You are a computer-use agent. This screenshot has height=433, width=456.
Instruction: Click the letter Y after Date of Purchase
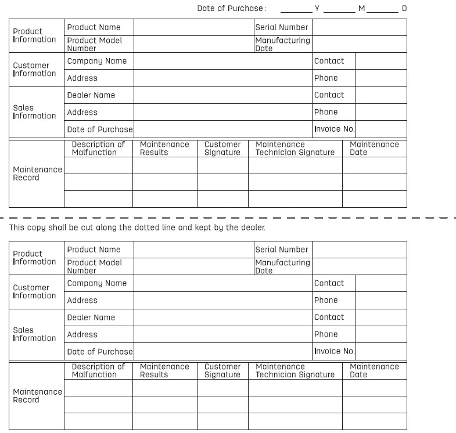pyautogui.click(x=317, y=8)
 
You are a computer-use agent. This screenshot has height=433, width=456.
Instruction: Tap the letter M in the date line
pyautogui.click(x=361, y=8)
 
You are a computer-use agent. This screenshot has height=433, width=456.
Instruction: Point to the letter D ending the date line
pyautogui.click(x=404, y=8)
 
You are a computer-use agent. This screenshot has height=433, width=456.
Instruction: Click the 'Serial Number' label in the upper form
pyautogui.click(x=282, y=27)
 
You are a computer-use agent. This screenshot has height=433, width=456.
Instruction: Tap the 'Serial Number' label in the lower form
pyautogui.click(x=282, y=250)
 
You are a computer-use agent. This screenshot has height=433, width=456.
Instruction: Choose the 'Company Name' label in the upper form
pyautogui.click(x=96, y=61)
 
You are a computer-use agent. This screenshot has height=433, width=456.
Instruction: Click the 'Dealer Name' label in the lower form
pyautogui.click(x=91, y=317)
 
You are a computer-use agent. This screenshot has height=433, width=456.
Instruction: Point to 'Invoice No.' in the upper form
pyautogui.click(x=334, y=129)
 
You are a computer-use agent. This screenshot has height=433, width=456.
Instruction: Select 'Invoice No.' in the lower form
pyautogui.click(x=334, y=351)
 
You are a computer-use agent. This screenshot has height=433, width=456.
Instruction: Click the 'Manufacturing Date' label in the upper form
pyautogui.click(x=282, y=44)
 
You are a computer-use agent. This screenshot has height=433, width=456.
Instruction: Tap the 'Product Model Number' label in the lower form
pyautogui.click(x=95, y=266)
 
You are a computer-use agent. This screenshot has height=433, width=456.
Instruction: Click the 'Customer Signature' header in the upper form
pyautogui.click(x=222, y=149)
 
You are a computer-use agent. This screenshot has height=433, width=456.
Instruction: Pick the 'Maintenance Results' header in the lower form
pyautogui.click(x=164, y=371)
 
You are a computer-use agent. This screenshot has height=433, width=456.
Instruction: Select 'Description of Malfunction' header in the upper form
pyautogui.click(x=98, y=149)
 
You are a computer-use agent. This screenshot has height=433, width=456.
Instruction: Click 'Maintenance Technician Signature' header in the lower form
pyautogui.click(x=295, y=371)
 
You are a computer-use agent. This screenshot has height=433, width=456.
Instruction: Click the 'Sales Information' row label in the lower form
pyautogui.click(x=34, y=334)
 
